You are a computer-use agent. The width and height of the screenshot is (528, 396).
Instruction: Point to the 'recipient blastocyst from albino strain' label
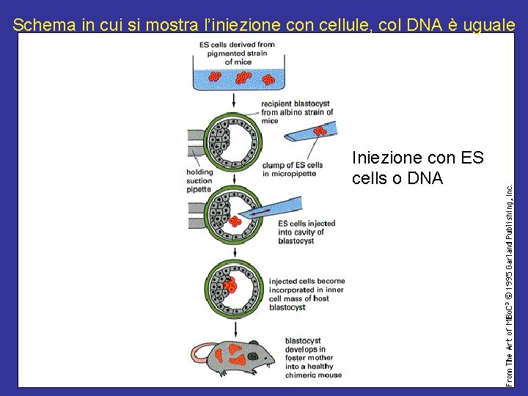296,112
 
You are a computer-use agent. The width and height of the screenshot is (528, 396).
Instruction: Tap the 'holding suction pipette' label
199,180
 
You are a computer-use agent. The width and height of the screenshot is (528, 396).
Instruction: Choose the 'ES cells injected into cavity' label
306,232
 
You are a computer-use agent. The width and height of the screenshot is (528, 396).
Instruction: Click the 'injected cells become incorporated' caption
306,293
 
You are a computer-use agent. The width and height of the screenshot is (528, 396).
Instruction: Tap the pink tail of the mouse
196,352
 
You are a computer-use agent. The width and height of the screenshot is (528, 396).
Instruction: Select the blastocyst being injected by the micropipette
234,213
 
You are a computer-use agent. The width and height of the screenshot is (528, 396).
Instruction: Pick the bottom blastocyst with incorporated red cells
234,287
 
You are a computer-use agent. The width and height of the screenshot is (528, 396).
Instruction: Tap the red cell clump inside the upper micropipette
318,131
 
